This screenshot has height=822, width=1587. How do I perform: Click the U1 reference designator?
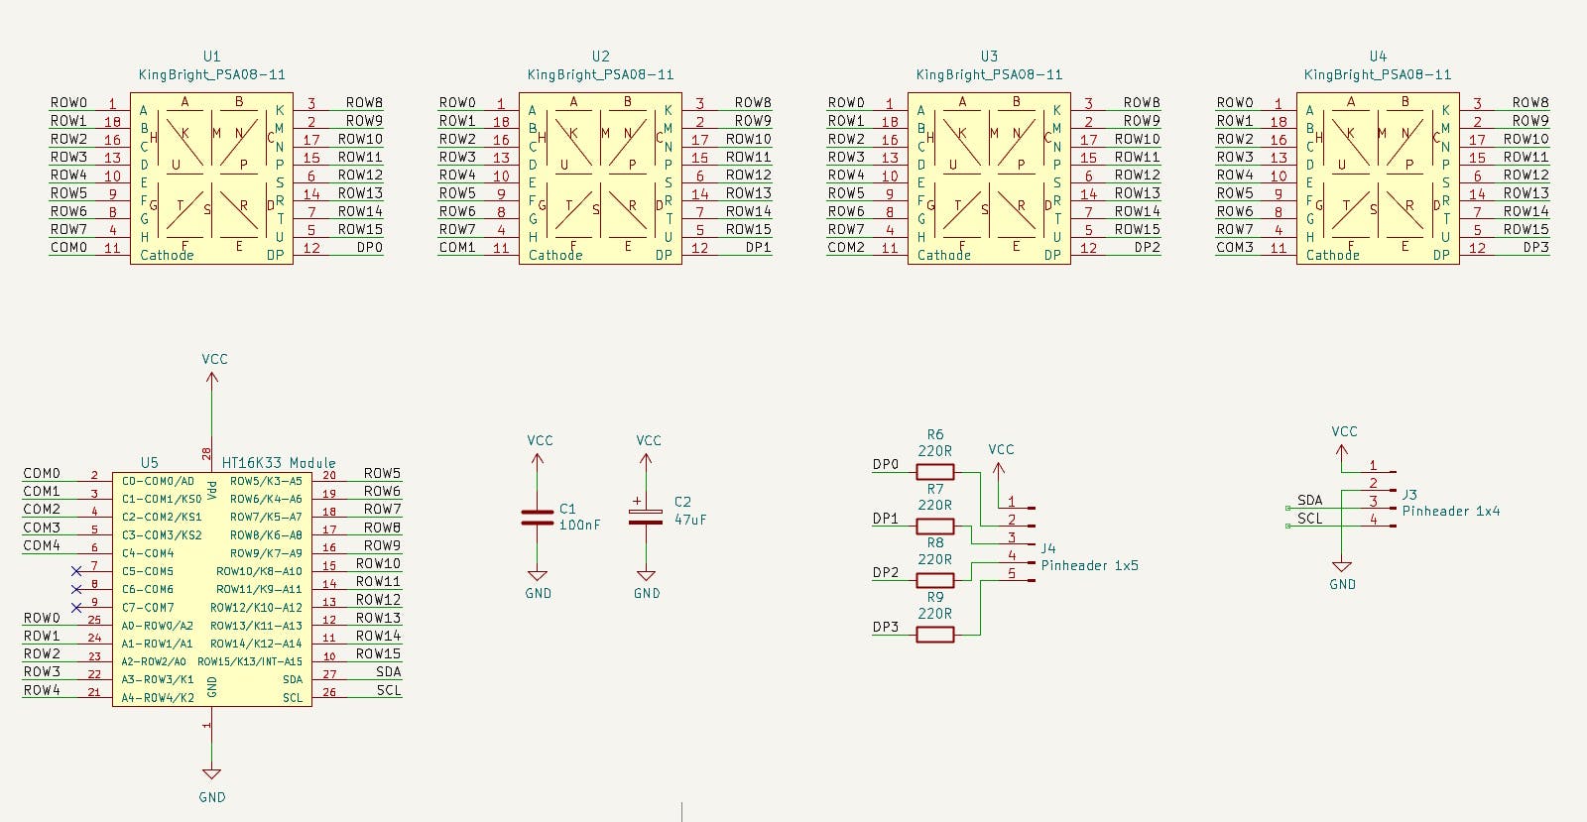(x=211, y=57)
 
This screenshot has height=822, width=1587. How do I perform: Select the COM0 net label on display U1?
(x=69, y=247)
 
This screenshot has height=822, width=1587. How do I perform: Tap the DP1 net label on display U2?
(x=758, y=247)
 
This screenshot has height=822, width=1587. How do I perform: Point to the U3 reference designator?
(x=989, y=57)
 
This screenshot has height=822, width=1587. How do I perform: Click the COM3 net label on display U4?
(x=1235, y=247)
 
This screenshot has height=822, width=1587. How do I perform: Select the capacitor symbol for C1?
(x=537, y=517)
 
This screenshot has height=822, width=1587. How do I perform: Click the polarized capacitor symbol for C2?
(x=646, y=517)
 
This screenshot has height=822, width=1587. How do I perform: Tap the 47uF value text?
(x=690, y=520)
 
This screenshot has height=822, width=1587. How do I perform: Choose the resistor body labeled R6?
(x=934, y=472)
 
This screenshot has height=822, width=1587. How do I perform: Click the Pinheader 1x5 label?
(x=1089, y=565)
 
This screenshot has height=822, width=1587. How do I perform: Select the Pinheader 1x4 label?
(x=1450, y=511)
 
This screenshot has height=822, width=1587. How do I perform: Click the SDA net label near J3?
(x=1309, y=500)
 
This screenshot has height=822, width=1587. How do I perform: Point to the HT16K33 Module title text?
(x=279, y=462)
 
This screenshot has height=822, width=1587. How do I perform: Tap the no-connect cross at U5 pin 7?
(x=76, y=571)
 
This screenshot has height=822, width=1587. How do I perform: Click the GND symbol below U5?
(x=211, y=774)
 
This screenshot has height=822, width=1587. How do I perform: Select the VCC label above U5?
(x=214, y=359)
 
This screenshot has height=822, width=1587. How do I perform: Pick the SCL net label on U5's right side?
(x=389, y=690)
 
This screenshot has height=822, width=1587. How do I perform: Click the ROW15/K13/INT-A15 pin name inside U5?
(x=250, y=661)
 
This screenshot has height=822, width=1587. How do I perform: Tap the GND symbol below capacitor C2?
(x=646, y=576)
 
